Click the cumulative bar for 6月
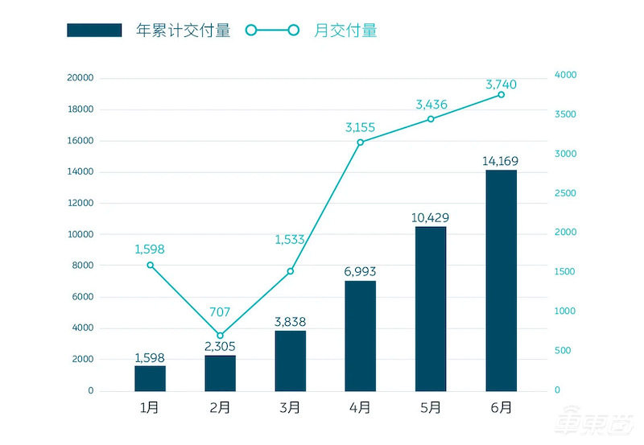coord(501,280)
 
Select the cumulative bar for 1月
coord(150,378)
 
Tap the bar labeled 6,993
coord(360,336)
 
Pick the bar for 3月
coord(290,361)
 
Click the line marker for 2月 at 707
coord(221,335)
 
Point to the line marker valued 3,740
coord(501,95)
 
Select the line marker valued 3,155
coord(360,142)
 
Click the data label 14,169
coord(501,161)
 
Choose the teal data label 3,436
coord(431,105)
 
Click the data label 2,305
coord(221,345)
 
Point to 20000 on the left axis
coord(80,78)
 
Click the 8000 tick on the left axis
coord(84,266)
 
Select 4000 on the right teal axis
coord(566,75)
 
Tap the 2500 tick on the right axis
coord(566,193)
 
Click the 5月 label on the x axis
coord(431,407)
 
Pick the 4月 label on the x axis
coord(360,407)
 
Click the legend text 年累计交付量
coord(184,31)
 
